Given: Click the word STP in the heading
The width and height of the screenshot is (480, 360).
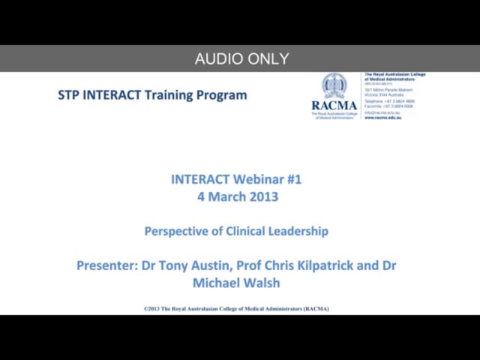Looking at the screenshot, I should click(x=69, y=95).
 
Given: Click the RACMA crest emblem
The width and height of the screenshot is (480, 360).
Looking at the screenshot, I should click(x=334, y=85).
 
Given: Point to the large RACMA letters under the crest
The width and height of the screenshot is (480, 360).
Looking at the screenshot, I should click(x=334, y=105).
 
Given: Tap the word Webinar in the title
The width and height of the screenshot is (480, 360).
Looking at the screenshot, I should click(x=256, y=179).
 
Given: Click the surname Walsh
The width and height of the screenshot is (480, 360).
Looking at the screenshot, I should click(x=265, y=283).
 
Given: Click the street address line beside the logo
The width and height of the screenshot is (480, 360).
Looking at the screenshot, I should click(x=388, y=89).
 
